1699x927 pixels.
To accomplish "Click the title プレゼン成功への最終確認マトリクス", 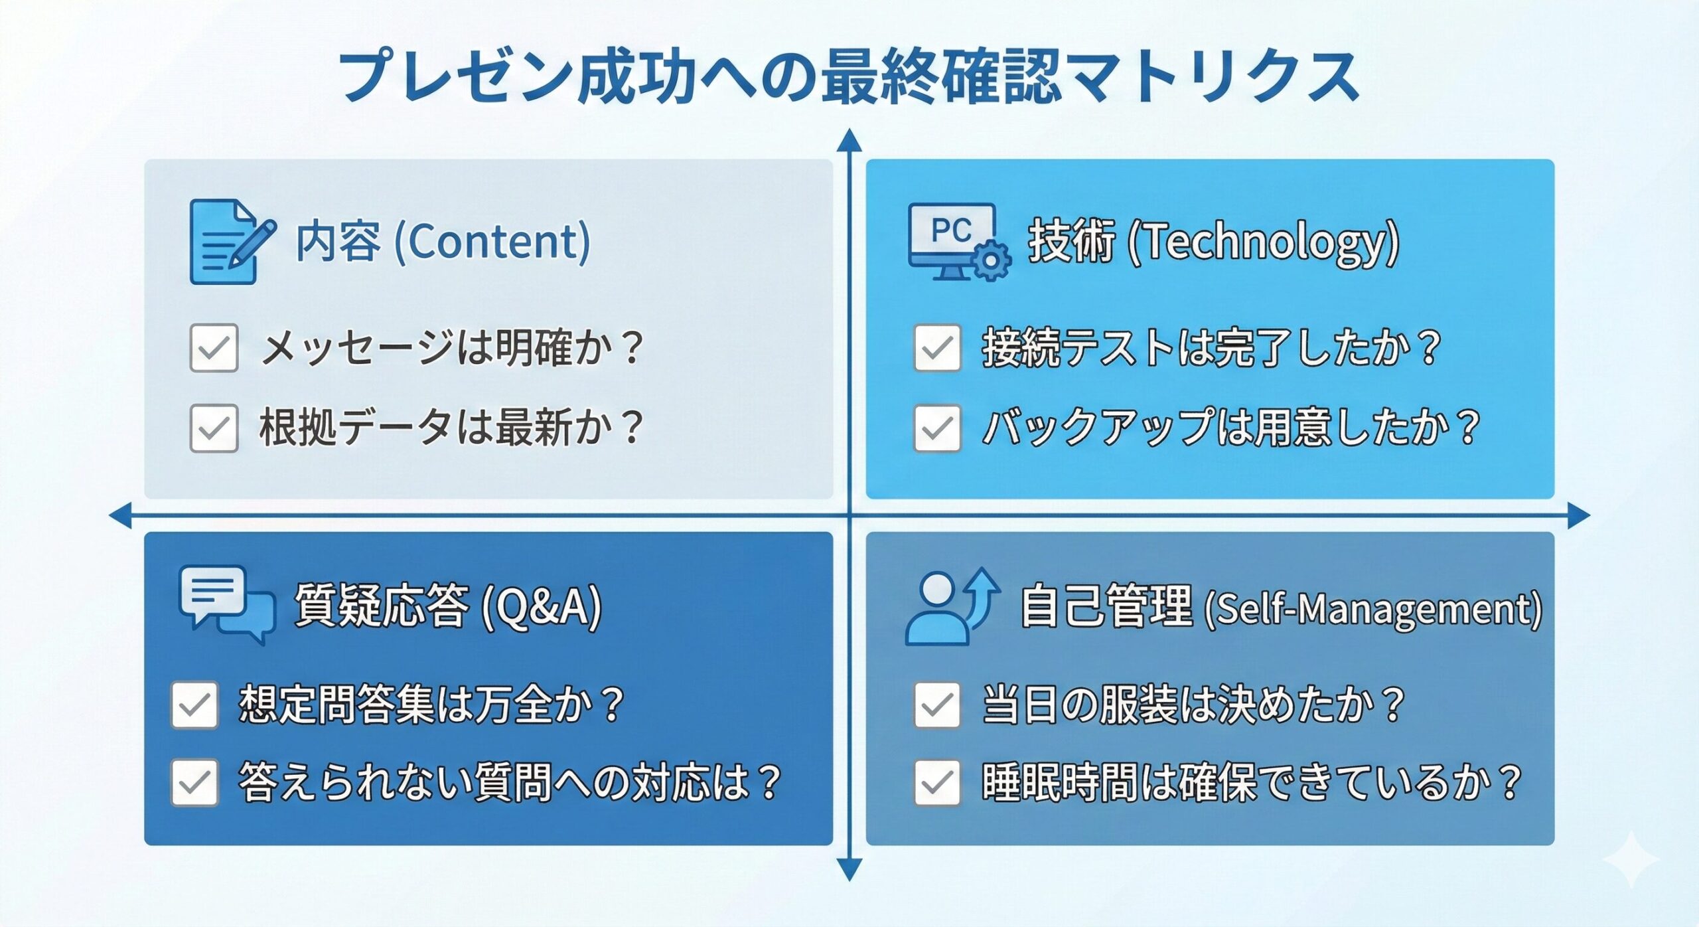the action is coord(849,76).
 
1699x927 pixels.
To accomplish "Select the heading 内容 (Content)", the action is coord(443,241).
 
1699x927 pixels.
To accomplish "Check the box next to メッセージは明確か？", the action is coord(214,347).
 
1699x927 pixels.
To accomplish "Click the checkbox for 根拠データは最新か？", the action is coord(214,428).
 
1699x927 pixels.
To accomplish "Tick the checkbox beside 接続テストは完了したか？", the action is coord(937,347).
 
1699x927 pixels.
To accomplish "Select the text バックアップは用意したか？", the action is coord(1231,427).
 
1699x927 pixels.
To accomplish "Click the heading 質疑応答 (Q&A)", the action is coord(448,606).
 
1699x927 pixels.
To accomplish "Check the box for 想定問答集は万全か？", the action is coord(194,705).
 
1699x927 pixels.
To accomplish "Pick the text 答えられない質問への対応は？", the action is coord(509,782).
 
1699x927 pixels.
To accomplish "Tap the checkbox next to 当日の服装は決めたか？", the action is coord(937,705).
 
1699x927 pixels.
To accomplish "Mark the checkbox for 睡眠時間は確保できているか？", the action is coord(937,782).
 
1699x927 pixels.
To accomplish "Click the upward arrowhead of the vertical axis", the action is coord(849,141).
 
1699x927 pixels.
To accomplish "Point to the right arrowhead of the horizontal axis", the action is coord(1579,515).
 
